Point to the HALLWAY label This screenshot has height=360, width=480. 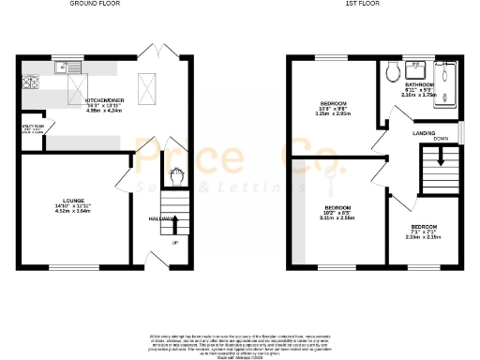tap(161, 218)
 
